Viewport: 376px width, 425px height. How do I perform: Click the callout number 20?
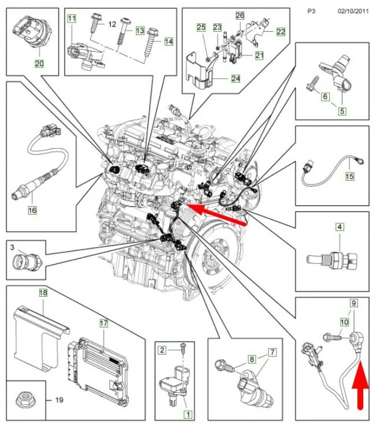pos(40,64)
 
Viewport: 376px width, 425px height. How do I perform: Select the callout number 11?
pos(72,19)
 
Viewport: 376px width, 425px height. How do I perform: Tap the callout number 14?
pos(168,42)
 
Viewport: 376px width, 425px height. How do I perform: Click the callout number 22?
pos(281,32)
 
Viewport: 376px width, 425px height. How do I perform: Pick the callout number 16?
pos(32,210)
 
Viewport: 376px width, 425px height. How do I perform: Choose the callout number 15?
pos(349,176)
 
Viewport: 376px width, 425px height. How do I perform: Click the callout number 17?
pos(104,324)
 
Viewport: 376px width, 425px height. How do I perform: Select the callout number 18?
pos(42,293)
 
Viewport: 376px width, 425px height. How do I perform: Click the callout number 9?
pos(352,303)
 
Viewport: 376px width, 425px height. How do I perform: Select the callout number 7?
pos(272,352)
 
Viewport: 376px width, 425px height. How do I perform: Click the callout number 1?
pos(187,414)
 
